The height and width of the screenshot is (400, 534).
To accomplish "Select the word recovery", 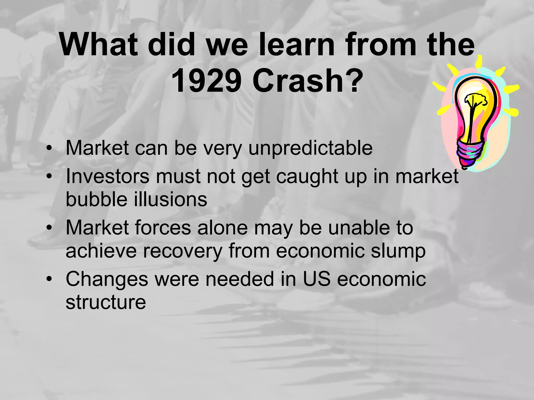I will [183, 251].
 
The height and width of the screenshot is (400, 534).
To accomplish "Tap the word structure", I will [106, 302].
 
